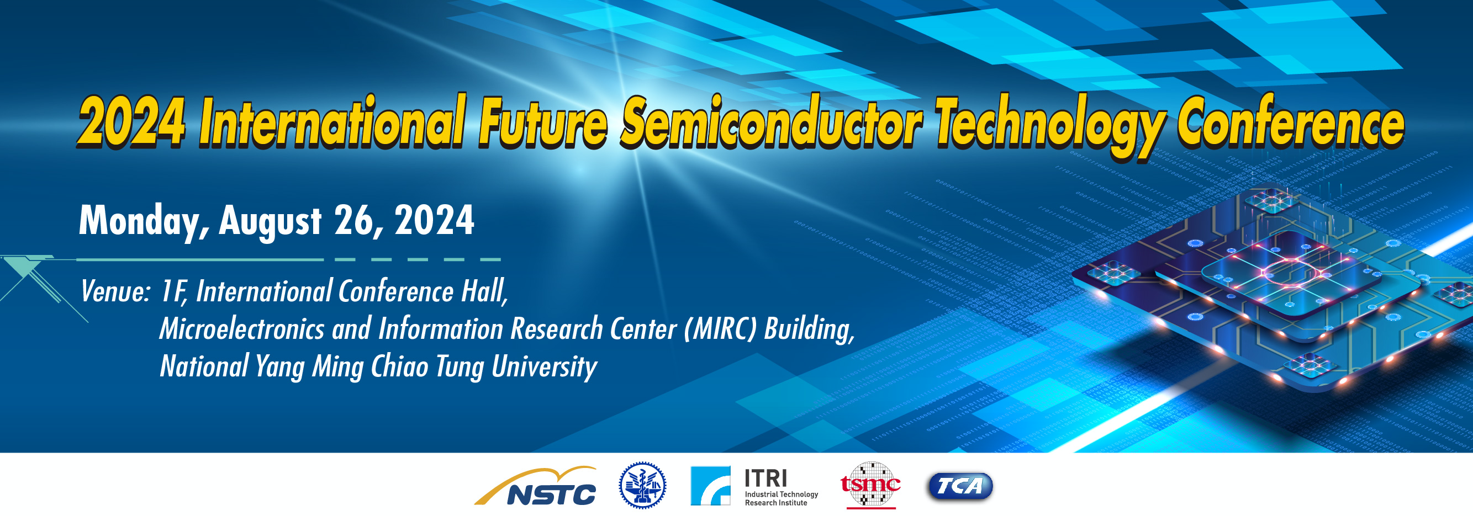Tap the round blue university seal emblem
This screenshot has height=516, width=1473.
[x=642, y=485]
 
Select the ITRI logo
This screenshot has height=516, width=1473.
[x=754, y=486]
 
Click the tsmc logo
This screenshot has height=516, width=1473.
[x=870, y=485]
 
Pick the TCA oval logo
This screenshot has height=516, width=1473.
[x=959, y=486]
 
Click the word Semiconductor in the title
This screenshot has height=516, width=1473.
[x=772, y=123]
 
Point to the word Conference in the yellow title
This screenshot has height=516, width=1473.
[x=1290, y=123]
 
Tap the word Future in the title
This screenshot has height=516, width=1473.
[x=543, y=123]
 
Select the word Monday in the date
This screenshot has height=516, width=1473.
[x=144, y=222]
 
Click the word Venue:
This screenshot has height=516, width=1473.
[x=115, y=292]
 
